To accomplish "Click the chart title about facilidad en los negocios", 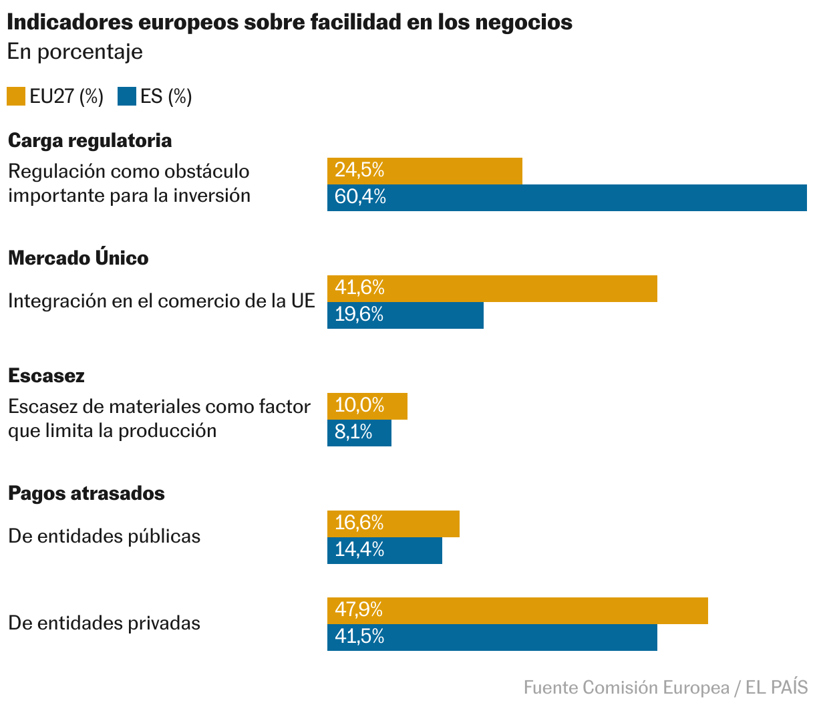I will pos(289,22).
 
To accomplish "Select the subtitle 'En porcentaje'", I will pos(75,51).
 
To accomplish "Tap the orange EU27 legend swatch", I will pos(16,96).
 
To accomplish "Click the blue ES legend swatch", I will pos(127,96).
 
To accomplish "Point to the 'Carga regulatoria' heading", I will pos(90,140).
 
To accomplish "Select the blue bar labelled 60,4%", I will pos(566,198).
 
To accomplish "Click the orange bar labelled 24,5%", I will pos(424,170).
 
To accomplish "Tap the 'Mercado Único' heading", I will pos(78,258).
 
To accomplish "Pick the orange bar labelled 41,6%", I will pos(492,288).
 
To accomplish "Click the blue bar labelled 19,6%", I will pos(405,315).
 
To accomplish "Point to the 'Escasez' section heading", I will pos(46,376).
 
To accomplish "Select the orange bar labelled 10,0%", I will pos(367,406).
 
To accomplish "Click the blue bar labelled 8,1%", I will pos(359,432).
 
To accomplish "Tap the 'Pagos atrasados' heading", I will pos(86,493).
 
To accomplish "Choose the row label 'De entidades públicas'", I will pos(104,536).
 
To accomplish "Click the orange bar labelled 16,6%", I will pos(393,523).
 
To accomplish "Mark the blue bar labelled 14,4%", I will pos(384,550).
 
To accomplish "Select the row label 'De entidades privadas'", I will pos(104,623).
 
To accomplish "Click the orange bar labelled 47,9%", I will pos(517,610).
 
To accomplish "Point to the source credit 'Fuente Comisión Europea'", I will pos(626,688).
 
